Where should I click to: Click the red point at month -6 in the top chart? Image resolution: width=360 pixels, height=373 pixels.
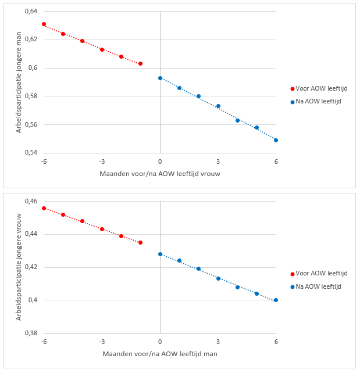pos(44,24)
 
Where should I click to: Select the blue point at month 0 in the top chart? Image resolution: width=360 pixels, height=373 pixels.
pos(160,78)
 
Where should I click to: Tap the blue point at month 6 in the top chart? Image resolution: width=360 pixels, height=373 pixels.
pos(276,140)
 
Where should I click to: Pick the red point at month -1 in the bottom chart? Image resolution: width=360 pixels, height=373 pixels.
pos(140,242)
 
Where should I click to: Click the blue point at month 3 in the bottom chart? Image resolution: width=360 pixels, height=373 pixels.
pos(218,278)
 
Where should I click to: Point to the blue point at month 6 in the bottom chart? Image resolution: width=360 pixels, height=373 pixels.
pos(276,300)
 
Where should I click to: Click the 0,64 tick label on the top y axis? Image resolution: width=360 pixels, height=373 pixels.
pos(30,12)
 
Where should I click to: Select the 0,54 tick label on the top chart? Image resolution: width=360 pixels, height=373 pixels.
pos(30,153)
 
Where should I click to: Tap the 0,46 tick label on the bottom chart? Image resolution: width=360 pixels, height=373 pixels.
pos(30,201)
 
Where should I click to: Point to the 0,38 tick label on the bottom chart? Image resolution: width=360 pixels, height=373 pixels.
pos(30,333)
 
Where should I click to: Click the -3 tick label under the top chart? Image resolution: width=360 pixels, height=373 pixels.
pos(102,162)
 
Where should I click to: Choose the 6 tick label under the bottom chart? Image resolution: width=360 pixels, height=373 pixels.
pos(276,342)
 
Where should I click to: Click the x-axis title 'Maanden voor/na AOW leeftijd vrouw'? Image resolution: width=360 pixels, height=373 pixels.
pos(160,173)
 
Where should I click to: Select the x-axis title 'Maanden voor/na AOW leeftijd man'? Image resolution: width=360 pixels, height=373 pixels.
pos(160,353)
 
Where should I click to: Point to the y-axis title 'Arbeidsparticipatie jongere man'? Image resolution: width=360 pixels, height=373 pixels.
pos(19,82)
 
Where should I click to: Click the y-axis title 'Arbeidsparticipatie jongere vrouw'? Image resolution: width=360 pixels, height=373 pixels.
pos(19,267)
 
